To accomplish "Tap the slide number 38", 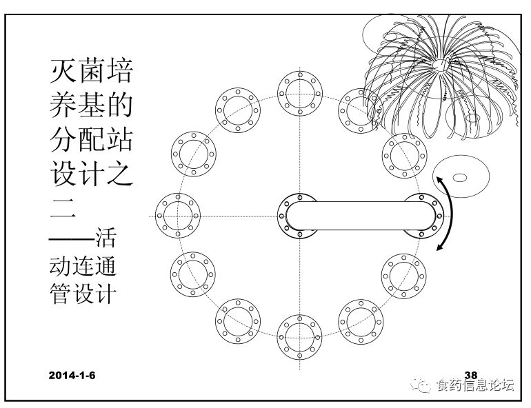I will coord(472,377).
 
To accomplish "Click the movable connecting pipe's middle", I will coord(362,216).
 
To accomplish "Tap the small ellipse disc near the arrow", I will coord(460,178).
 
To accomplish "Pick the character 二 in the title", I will coord(65,207).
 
